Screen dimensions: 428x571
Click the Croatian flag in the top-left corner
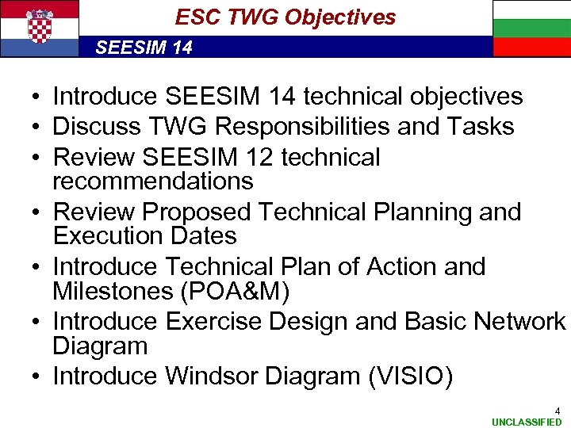tap(40, 29)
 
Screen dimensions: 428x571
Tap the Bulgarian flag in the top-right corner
tap(531, 29)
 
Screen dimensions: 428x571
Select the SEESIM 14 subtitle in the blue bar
tap(144, 48)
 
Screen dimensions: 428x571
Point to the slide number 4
tap(557, 411)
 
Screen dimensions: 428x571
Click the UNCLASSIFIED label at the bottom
tap(527, 422)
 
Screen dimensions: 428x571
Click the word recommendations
tap(152, 181)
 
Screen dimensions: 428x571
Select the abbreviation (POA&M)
tap(235, 291)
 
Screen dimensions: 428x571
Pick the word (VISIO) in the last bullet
tap(410, 376)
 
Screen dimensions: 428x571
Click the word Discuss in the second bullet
tap(98, 126)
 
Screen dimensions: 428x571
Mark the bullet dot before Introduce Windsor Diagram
tap(37, 376)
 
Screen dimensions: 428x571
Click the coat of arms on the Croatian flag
tap(40, 27)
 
